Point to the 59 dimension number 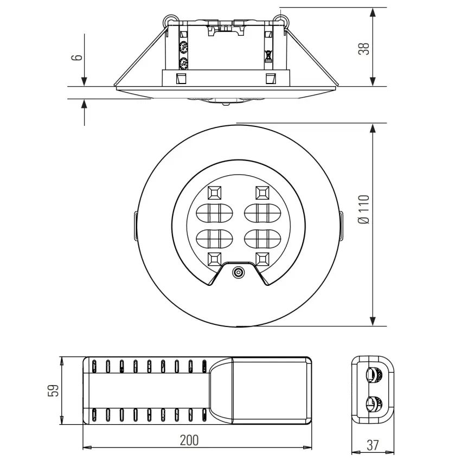coord(53,390)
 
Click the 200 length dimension coord(189,440)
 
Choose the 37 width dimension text coord(372,446)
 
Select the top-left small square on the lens coord(213,193)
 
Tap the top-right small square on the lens coord(262,193)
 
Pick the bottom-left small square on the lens coord(213,258)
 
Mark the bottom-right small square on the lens coord(262,258)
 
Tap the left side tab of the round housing coord(133,225)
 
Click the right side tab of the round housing coord(342,225)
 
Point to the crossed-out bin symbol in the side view coord(268,55)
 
